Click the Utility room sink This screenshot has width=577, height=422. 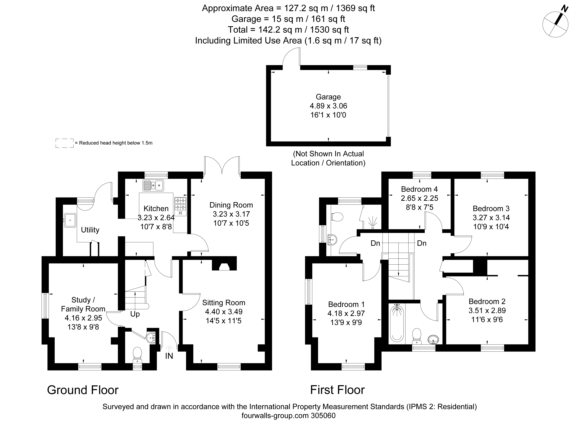point(70,220)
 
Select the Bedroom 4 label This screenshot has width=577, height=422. point(419,189)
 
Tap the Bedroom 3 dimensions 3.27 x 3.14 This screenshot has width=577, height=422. point(491,218)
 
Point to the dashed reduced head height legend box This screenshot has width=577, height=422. point(65,143)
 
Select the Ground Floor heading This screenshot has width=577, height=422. point(83,390)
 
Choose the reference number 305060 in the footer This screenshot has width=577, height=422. point(323,416)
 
